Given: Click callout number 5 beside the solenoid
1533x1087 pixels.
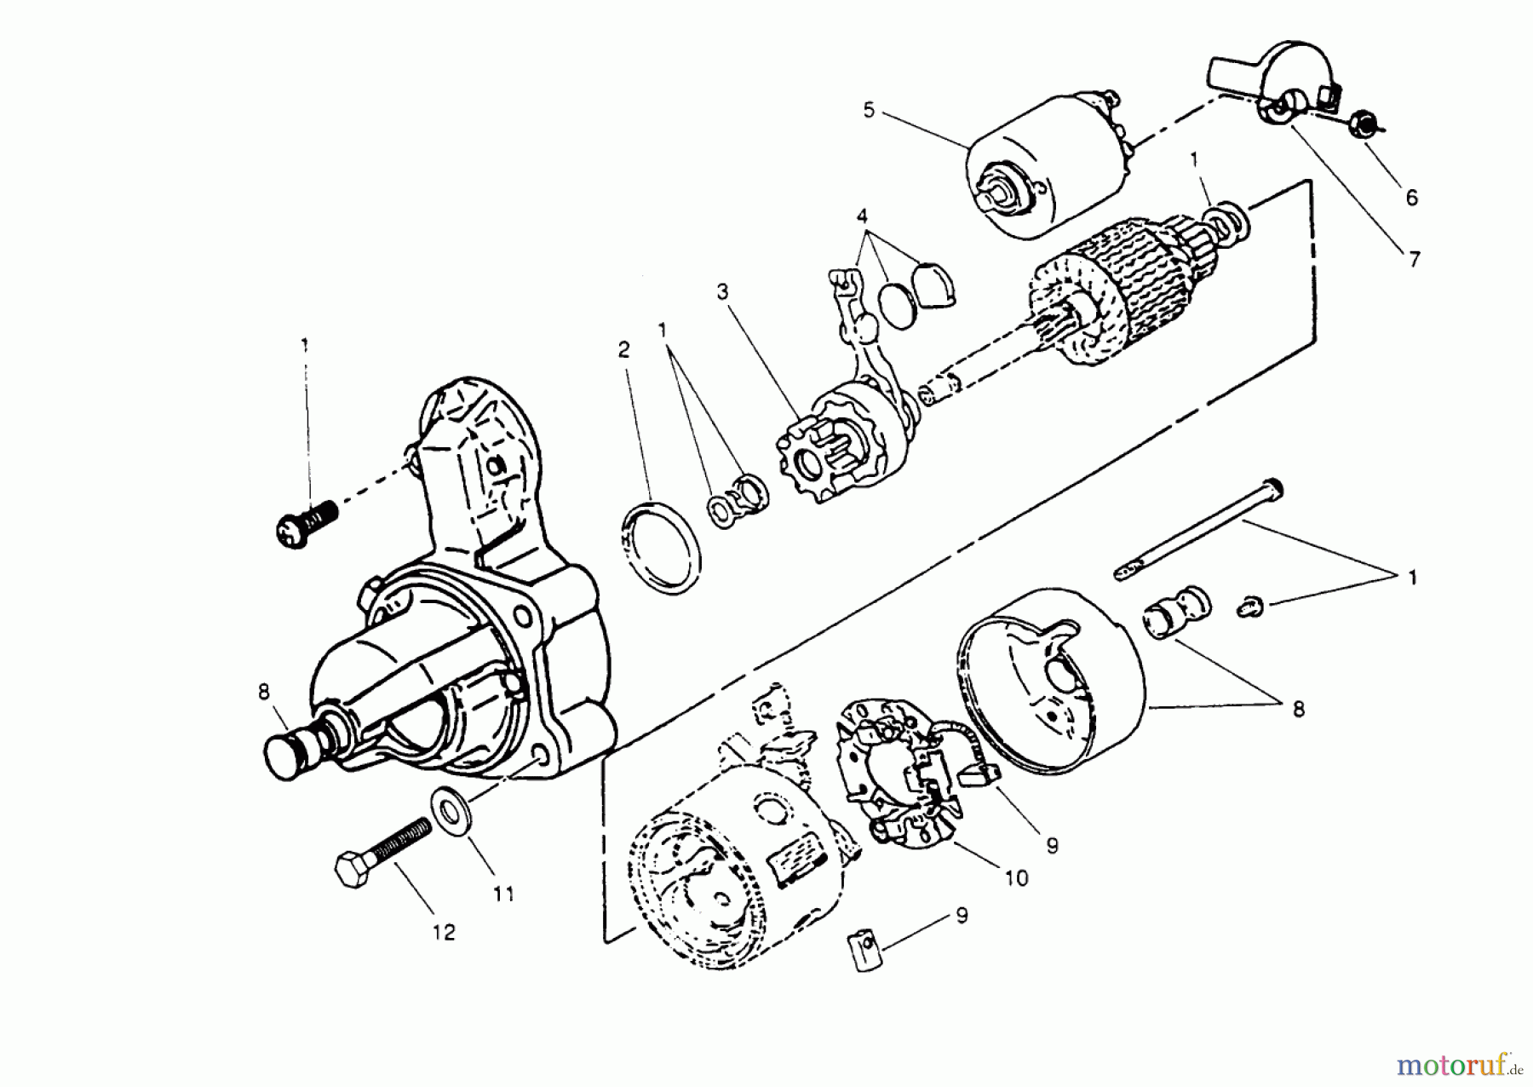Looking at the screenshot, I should (x=868, y=111).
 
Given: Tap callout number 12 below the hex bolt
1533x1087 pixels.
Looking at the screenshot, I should (x=444, y=932).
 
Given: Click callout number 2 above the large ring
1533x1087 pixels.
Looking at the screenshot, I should (x=624, y=350).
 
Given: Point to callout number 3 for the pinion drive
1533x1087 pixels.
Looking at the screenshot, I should (x=722, y=293).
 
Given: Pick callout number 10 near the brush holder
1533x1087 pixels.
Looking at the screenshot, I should (x=1017, y=877).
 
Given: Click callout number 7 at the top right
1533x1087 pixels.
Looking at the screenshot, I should (x=1415, y=258).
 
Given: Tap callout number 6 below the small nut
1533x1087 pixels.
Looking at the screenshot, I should (x=1411, y=198).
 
